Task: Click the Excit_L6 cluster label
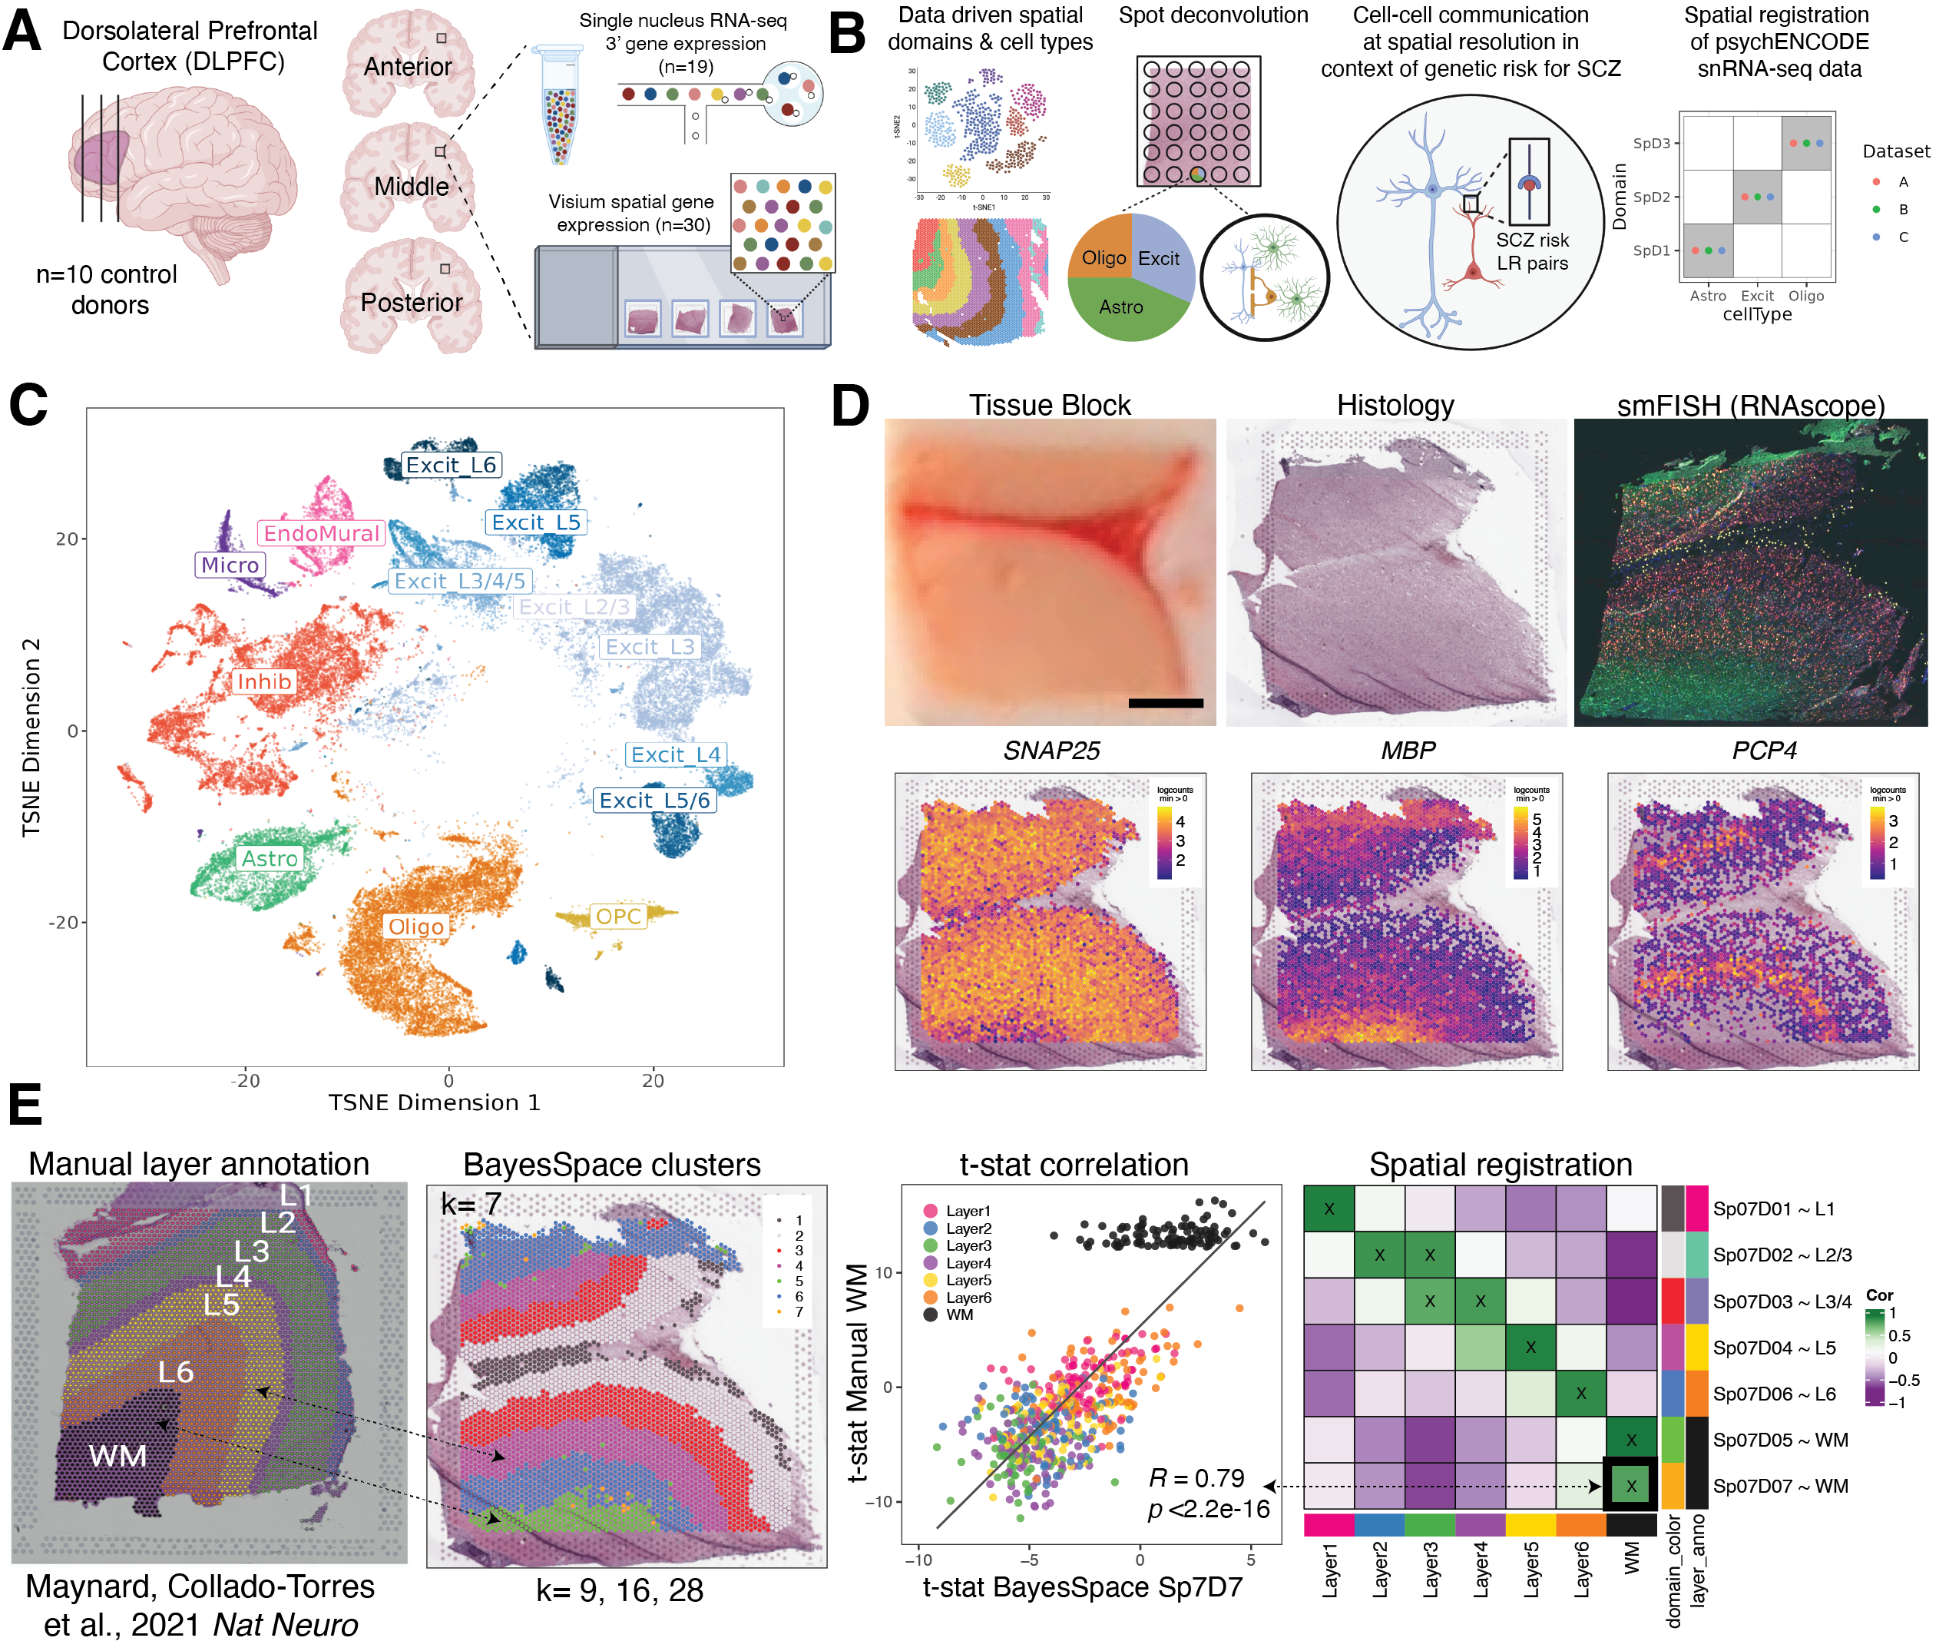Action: (x=451, y=465)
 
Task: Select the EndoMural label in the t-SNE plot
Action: (x=321, y=533)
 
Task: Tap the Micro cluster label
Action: (x=230, y=565)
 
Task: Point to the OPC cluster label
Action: (x=618, y=917)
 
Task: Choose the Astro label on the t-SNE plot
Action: (x=270, y=858)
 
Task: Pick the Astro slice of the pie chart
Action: (x=1121, y=307)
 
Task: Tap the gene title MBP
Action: (x=1408, y=751)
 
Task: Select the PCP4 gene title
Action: (x=1764, y=751)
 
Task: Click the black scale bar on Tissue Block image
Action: (x=1165, y=703)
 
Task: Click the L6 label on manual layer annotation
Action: (x=175, y=1372)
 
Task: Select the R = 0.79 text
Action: (x=1196, y=1478)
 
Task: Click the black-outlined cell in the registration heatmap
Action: (x=1631, y=1485)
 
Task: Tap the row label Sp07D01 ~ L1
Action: (x=1773, y=1209)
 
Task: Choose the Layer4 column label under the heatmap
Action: (x=1481, y=1570)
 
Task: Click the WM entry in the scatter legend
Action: (x=959, y=1315)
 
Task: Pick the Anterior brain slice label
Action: (x=407, y=68)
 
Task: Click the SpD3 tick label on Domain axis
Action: (x=1652, y=143)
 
